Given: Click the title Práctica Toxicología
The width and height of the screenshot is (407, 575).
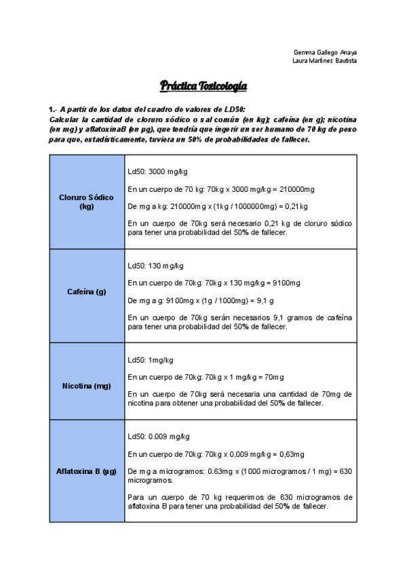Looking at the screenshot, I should [x=203, y=86].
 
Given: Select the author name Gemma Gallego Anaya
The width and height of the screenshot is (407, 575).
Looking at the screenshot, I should [x=325, y=52].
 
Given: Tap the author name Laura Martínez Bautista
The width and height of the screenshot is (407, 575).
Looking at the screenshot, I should [x=324, y=60].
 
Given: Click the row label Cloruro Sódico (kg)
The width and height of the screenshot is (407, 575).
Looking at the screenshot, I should [x=86, y=201].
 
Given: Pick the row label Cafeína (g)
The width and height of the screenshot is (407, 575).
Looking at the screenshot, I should [x=86, y=292].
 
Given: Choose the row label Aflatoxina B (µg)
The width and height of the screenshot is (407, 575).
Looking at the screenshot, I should [x=86, y=471].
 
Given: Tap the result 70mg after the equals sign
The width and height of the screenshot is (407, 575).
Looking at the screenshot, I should [x=274, y=377].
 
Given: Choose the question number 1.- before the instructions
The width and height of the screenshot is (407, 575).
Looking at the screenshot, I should [x=52, y=110].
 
